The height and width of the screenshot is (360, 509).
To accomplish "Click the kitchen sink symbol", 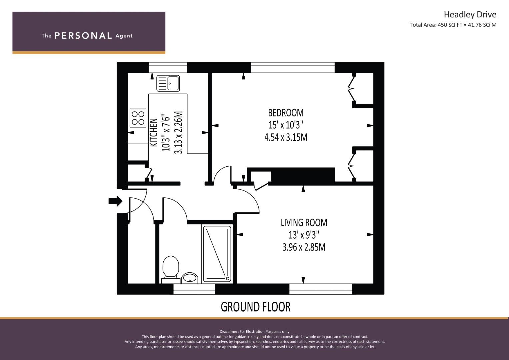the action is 168,83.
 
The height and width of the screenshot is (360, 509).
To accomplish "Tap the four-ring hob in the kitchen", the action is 138,118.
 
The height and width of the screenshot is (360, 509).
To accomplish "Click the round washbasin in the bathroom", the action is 190,278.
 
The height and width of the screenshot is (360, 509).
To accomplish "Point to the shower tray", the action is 217,254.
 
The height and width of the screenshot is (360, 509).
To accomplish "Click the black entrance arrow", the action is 115,201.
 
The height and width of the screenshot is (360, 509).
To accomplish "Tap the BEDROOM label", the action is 286,113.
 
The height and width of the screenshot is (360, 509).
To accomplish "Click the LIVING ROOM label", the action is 304,223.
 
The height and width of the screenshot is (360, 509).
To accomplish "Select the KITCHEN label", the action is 154,133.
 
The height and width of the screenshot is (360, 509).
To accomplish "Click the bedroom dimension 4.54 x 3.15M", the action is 286,137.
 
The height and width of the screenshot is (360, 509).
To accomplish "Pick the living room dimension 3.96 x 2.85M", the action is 304,247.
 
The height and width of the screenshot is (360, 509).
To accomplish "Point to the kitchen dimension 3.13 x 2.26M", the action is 178,133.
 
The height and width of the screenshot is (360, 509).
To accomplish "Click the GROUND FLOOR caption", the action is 256,307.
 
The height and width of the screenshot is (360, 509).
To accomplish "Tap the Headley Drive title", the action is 470,15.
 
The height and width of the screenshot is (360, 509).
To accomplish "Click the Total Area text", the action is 453,25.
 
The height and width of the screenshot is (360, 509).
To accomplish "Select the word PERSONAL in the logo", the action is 83,36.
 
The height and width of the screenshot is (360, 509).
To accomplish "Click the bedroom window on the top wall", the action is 293,67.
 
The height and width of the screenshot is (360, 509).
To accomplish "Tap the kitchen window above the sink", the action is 168,67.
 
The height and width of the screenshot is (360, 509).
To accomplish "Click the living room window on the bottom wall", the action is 321,289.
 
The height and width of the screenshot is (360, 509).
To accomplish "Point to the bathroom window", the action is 194,289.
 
